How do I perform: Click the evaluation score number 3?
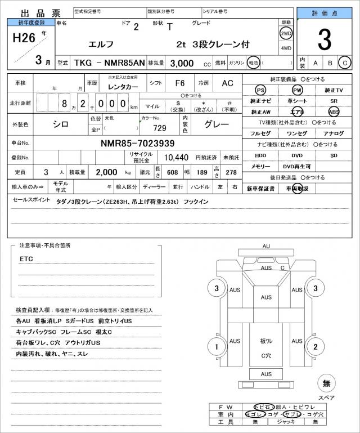324,39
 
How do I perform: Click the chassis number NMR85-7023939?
138,143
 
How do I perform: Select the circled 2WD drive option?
286,33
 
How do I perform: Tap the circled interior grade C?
345,63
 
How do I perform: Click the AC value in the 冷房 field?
227,83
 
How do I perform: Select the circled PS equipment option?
260,90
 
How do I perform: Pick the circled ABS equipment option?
334,111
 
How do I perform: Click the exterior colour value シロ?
60,123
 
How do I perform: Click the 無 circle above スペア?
326,383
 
